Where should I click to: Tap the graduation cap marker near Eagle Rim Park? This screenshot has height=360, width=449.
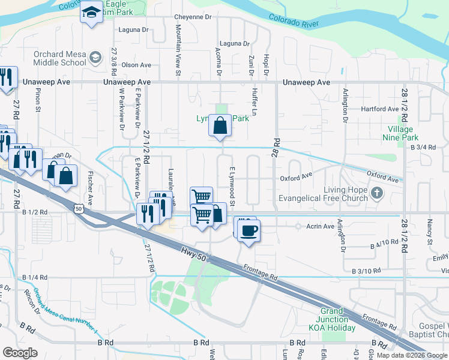click(91, 13)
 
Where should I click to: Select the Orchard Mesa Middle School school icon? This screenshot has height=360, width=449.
click(95, 58)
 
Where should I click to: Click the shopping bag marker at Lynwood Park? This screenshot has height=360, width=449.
click(220, 126)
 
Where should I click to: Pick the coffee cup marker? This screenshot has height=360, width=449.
click(249, 230)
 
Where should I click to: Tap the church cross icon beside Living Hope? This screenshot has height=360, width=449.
click(376, 193)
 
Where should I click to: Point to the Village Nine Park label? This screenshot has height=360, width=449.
click(400, 133)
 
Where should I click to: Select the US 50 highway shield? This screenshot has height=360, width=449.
click(79, 208)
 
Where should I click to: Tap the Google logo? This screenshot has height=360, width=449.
click(20, 353)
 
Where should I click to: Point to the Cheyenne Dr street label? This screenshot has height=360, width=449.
click(193, 17)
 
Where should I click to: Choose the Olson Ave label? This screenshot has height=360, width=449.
click(136, 65)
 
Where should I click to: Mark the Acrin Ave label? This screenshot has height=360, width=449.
click(321, 226)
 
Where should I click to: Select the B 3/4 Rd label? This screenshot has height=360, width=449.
click(422, 147)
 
